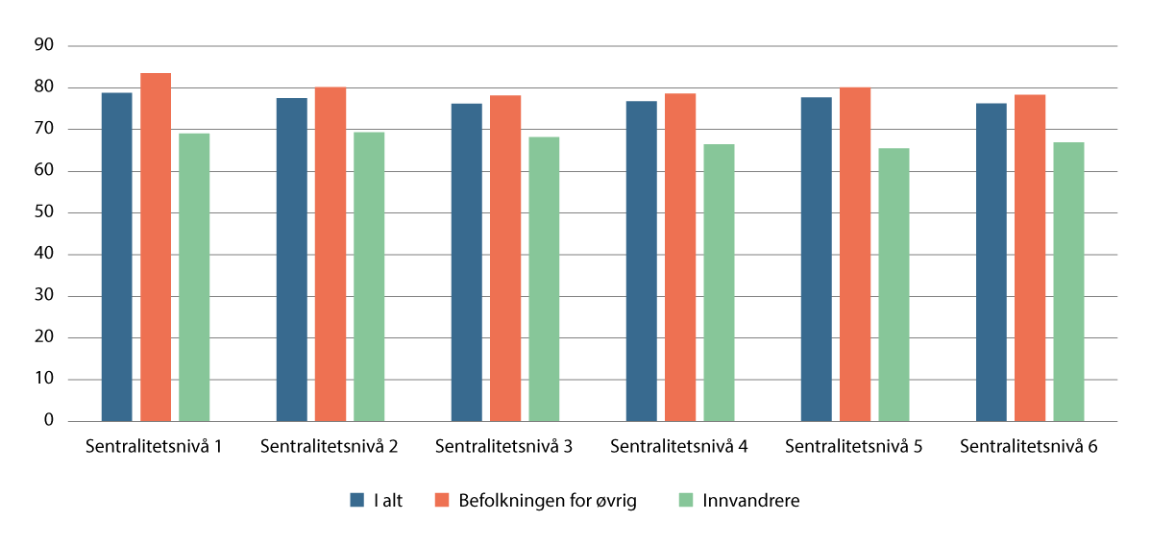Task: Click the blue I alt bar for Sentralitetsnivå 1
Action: coord(116,257)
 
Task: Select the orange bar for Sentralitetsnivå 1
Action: coord(156,247)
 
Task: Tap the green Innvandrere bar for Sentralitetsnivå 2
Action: coord(369,277)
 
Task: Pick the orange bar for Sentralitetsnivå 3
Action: coord(505,258)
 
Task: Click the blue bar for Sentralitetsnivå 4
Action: coord(642,261)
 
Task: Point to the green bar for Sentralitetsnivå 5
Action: coord(894,285)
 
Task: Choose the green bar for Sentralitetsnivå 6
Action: coord(1068,282)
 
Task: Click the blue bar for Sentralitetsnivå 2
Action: coord(291,260)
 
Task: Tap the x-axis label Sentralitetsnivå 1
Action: coord(155,447)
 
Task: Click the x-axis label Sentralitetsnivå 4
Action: coord(679,447)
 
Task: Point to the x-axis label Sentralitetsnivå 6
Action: coord(1029,447)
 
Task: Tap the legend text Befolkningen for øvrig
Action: coord(547,500)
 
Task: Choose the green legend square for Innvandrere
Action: coord(685,500)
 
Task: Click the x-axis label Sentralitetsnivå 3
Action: coord(504,447)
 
